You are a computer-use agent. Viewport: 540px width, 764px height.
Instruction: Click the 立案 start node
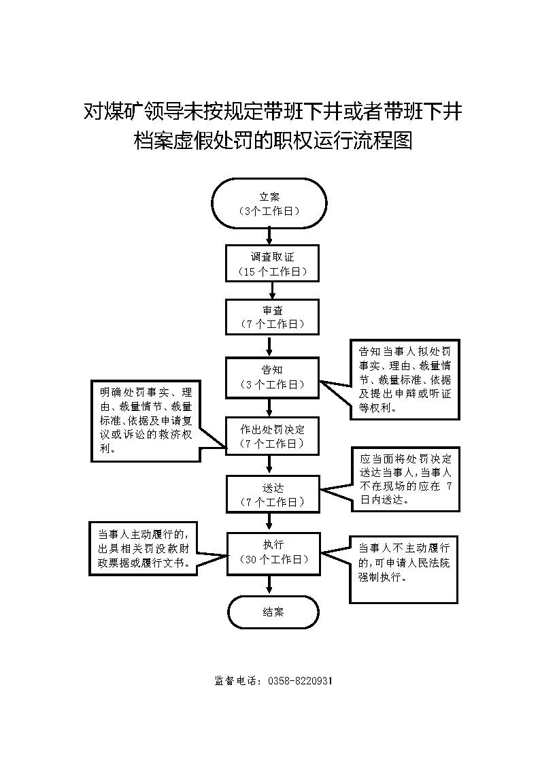pos(269,203)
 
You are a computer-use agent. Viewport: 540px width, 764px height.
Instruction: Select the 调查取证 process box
pos(272,263)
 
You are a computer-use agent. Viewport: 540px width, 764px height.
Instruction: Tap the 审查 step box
pos(272,317)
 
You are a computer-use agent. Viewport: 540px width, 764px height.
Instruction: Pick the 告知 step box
pos(272,377)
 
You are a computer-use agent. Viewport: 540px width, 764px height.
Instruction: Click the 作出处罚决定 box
pos(272,436)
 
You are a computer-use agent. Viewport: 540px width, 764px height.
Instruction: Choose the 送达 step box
pos(273,495)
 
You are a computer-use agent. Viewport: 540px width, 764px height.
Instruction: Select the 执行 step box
pos(274,553)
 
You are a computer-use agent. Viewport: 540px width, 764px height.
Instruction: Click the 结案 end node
pos(273,612)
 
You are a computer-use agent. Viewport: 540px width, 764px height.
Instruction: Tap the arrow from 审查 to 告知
pos(269,346)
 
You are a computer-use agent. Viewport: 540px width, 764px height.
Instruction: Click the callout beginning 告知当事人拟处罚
pos(405,380)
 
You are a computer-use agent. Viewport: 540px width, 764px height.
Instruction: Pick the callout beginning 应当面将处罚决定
pos(405,480)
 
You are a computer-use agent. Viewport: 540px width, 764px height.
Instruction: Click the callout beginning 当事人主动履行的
pos(143,548)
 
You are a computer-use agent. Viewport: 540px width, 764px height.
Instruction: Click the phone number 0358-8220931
pos(300,681)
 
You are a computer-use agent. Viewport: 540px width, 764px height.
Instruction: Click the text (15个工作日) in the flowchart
pos(273,272)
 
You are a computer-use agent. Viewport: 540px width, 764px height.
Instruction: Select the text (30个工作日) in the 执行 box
pos(274,560)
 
